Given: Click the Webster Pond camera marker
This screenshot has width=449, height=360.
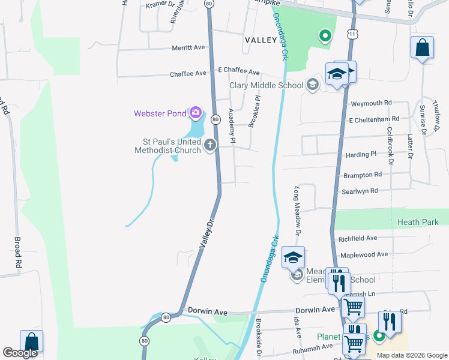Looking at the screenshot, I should coord(195,112).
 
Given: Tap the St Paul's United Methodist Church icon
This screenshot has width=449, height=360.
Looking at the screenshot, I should coord(210,145).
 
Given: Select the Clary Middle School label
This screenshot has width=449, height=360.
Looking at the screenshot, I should coord(267,85).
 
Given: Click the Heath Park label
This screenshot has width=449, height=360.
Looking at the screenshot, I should coord(418,222).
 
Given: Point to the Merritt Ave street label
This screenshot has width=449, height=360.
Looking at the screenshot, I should coord(188,47).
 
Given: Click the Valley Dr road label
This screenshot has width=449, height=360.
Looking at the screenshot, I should coord(207,234).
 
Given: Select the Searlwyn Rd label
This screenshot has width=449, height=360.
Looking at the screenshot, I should coord(360,191).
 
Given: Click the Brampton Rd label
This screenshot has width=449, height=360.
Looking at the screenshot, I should coord(362,175).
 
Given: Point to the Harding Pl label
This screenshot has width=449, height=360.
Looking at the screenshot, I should coord(361,155).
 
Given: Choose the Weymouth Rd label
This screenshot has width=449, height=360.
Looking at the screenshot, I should coord(371,103).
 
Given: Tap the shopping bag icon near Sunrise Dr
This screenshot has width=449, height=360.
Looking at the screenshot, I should coord(422,47).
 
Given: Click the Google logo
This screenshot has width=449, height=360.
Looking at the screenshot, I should coord(20,353).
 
